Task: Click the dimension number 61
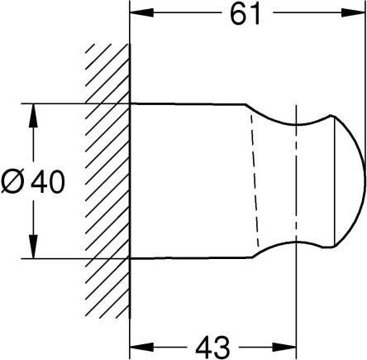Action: pyautogui.click(x=245, y=14)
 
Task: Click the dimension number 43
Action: pyautogui.click(x=212, y=347)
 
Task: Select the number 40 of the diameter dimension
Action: pyautogui.click(x=48, y=182)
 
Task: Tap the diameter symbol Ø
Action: pyautogui.click(x=12, y=182)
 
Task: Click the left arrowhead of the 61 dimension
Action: pyautogui.click(x=141, y=12)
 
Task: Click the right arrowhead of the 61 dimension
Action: pyautogui.click(x=353, y=12)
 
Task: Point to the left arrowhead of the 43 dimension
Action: pyautogui.click(x=141, y=347)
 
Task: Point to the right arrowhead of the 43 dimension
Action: pyautogui.click(x=284, y=347)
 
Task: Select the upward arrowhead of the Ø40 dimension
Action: pyautogui.click(x=34, y=116)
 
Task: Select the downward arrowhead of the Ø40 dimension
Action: pyautogui.click(x=34, y=247)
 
